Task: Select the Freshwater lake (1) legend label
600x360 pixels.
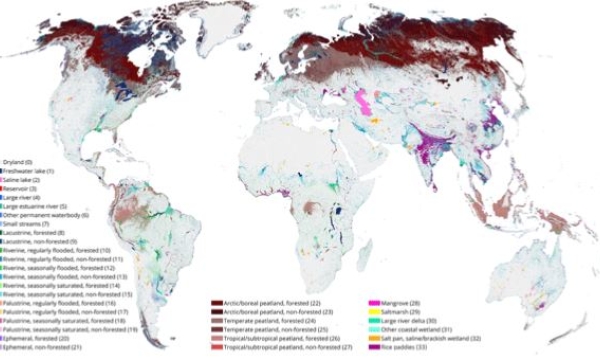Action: point(29,170)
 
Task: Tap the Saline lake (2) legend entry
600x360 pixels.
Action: point(23,179)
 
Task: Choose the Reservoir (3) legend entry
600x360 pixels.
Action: point(21,188)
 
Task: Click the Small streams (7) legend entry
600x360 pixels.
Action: point(25,224)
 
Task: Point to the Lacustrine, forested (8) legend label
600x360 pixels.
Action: point(32,233)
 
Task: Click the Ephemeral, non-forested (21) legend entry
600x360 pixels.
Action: point(38,348)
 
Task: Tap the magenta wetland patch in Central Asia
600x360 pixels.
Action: point(365,99)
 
